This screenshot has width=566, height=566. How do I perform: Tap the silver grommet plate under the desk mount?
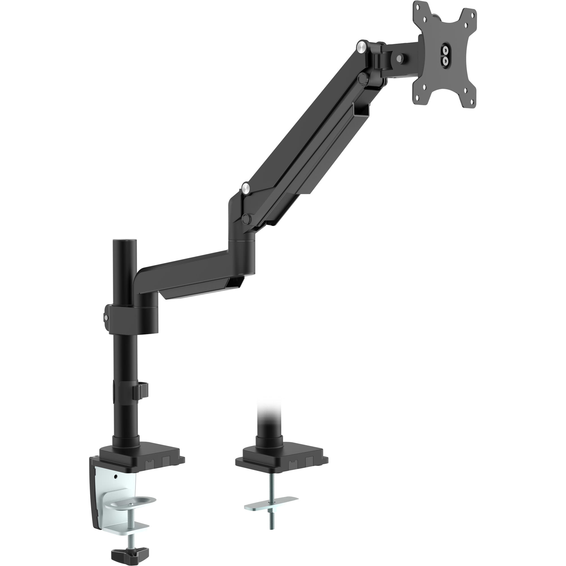(x=271, y=500)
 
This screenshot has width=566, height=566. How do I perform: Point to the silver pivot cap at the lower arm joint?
(x=246, y=188)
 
